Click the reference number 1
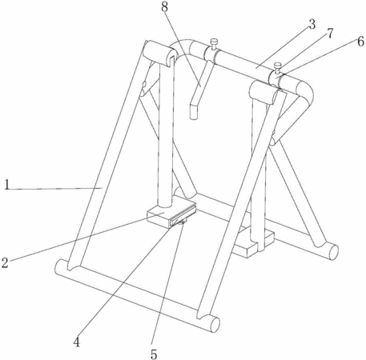[x=7, y=185]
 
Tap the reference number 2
[x=5, y=262]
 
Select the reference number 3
[x=312, y=24]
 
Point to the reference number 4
[x=77, y=342]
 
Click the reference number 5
[x=154, y=354]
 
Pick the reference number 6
[x=360, y=42]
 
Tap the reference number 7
[x=330, y=34]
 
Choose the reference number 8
[x=165, y=7]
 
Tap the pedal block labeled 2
[x=171, y=214]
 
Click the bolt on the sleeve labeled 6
[x=278, y=68]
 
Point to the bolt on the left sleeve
[x=214, y=44]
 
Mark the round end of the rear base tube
[x=334, y=252]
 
